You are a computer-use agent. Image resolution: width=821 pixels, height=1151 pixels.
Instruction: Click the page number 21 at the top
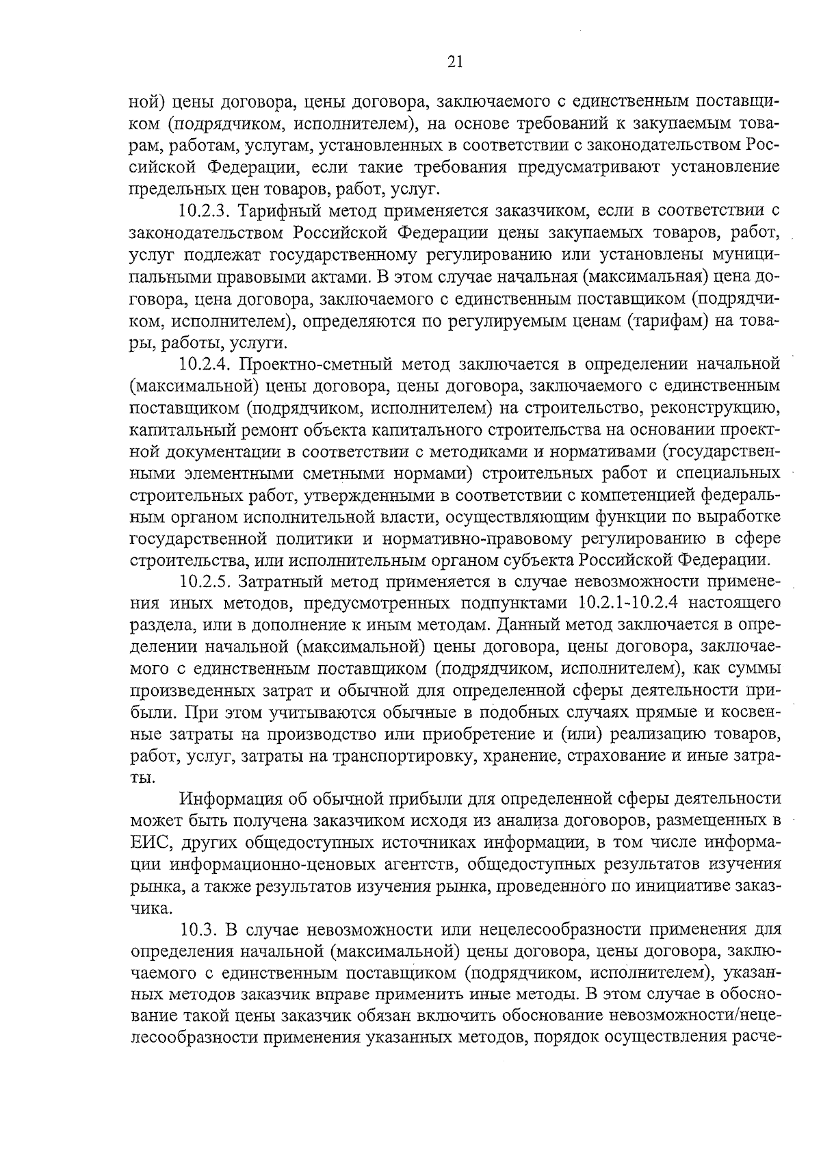(455, 63)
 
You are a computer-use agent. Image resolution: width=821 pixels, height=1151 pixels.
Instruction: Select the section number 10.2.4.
(204, 364)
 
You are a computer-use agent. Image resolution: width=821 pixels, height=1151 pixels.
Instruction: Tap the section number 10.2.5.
(204, 582)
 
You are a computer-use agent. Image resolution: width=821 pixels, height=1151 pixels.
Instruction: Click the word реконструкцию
(716, 409)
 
